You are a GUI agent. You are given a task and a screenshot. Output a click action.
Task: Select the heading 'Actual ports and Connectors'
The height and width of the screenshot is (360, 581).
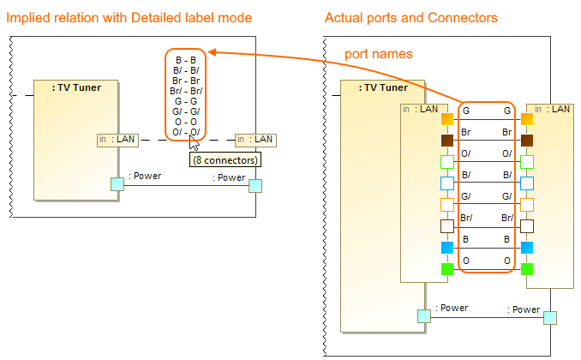tap(411, 17)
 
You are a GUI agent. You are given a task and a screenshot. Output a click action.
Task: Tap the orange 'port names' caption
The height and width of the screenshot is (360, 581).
tap(379, 54)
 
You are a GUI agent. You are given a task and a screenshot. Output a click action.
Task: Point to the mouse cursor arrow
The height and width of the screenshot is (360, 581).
tap(194, 141)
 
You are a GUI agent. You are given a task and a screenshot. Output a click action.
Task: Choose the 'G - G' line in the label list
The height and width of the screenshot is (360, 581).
tap(185, 101)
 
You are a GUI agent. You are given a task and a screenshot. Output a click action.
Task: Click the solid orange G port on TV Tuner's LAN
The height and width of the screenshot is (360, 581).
tap(446, 119)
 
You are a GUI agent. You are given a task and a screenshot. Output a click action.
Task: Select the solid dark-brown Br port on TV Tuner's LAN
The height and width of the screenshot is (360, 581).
tap(446, 140)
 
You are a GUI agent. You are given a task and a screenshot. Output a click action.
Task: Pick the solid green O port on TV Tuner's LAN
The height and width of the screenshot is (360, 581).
tap(446, 269)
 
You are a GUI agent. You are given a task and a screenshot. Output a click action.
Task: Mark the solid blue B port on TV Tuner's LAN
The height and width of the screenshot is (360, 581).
tap(446, 248)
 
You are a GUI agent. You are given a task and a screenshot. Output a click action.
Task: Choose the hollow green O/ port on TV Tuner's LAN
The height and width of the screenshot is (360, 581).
tap(446, 161)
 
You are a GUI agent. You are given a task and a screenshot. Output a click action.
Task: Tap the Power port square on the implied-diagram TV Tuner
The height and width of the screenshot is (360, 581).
tap(117, 183)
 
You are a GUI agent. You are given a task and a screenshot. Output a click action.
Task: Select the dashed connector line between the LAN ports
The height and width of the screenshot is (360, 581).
tap(171, 139)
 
